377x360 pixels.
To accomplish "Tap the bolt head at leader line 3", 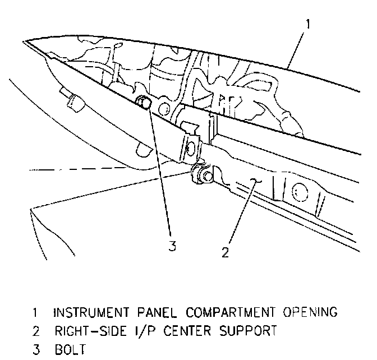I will point(144,102).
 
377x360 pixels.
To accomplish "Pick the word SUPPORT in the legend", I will point(250,331).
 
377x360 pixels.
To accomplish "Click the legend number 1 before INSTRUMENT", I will point(35,312).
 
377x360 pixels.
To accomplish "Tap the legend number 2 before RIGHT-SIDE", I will point(35,331).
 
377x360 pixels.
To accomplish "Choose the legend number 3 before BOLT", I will point(35,350).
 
